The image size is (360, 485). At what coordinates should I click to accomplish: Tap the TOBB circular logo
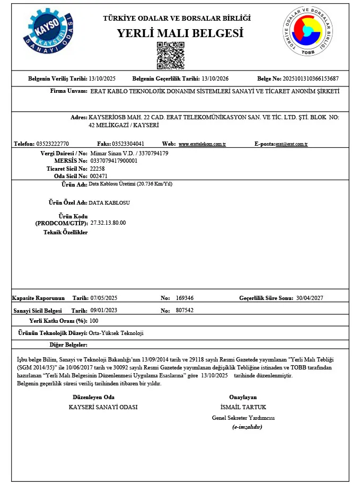click(311, 32)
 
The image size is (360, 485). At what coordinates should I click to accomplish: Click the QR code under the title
click(170, 56)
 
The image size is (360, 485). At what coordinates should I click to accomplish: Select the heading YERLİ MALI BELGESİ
click(180, 33)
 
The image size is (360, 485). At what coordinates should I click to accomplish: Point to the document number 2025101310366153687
click(312, 79)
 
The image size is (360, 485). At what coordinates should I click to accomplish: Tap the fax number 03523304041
click(128, 144)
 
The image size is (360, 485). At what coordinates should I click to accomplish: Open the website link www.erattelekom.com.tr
click(203, 144)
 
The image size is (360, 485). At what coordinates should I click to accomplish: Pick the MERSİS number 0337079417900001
click(114, 161)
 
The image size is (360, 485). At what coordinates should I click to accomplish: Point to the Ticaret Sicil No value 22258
click(98, 168)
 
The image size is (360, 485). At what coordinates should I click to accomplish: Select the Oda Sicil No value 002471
click(99, 175)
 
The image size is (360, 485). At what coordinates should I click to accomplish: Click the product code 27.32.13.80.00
click(108, 223)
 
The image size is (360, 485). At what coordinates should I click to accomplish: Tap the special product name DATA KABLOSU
click(109, 202)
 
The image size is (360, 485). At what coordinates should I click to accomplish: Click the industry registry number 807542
click(185, 311)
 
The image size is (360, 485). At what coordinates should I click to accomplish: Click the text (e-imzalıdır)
click(247, 427)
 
